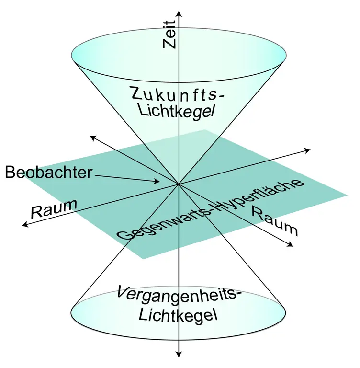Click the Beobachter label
click(48, 172)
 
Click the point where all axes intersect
click(179, 184)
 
